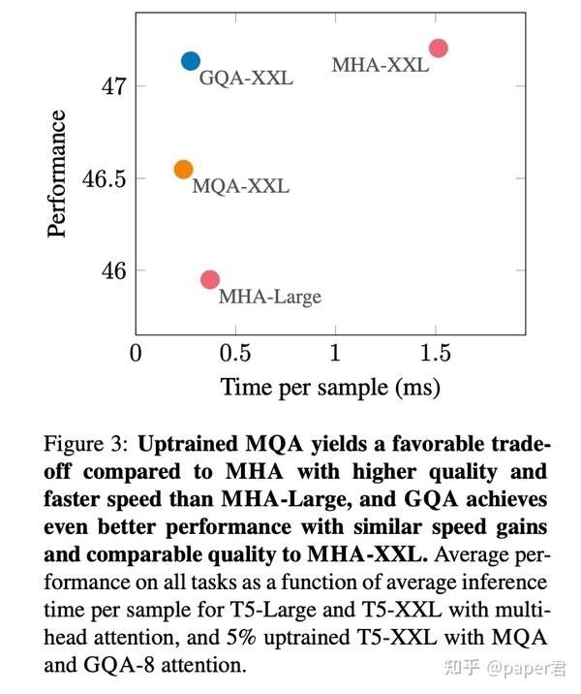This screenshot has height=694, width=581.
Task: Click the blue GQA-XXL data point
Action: (x=191, y=61)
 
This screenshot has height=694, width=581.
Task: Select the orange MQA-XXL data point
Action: (x=184, y=170)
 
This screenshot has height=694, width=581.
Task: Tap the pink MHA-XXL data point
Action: (x=438, y=48)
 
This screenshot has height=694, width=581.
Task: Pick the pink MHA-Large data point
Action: (x=209, y=279)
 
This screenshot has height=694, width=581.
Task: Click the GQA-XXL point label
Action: (x=246, y=78)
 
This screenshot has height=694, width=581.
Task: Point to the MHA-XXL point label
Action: (x=380, y=66)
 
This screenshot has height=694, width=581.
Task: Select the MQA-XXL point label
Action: (x=240, y=186)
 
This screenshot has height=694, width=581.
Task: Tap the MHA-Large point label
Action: (x=269, y=297)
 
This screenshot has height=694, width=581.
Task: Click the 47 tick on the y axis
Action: (x=111, y=86)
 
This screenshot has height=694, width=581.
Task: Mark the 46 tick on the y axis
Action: (x=111, y=270)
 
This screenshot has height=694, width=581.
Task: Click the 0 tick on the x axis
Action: (x=137, y=352)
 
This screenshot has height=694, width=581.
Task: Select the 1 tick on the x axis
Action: (x=335, y=352)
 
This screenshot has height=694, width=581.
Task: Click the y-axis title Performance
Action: (x=58, y=174)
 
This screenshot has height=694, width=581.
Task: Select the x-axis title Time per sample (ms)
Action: (x=330, y=388)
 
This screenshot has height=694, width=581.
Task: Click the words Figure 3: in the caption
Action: (x=86, y=445)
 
